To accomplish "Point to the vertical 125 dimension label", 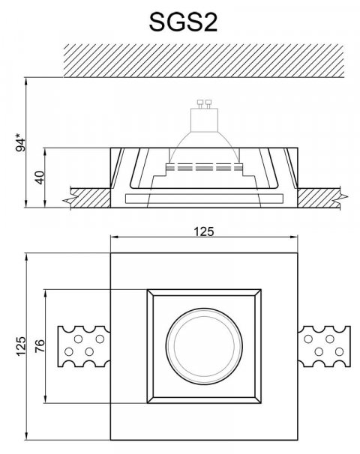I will click(x=22, y=347).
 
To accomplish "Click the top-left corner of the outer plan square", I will click(x=110, y=254).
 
